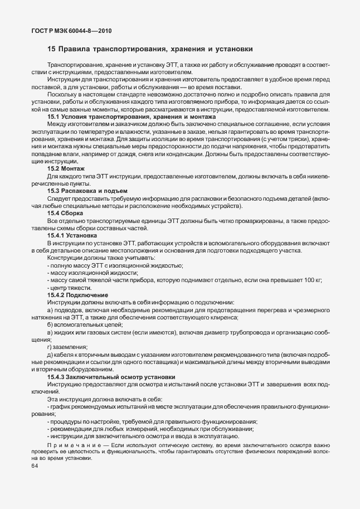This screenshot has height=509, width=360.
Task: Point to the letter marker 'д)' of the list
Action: pos(50,355)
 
